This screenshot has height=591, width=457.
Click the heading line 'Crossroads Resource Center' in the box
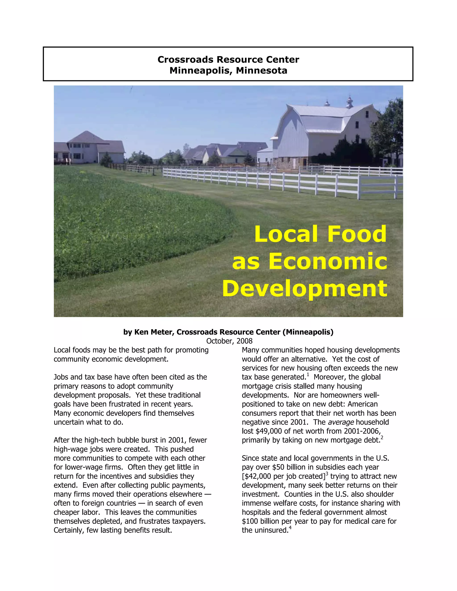coord(228,60)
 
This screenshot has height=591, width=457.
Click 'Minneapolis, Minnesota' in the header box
coord(228,71)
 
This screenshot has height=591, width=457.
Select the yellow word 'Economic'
coord(328,261)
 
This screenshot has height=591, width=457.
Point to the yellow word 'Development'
coord(305,288)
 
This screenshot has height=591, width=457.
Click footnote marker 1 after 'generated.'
coord(308,375)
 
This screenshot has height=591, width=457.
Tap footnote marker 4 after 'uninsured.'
coord(290,528)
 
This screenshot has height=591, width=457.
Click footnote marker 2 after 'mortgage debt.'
coord(382,438)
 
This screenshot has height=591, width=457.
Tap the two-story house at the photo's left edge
coord(84,149)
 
